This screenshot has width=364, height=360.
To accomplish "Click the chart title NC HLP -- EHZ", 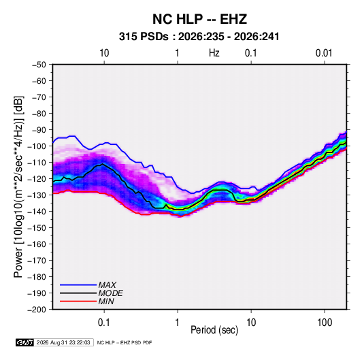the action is click(199, 19).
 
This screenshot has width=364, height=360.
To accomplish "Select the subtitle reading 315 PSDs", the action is click(144, 37).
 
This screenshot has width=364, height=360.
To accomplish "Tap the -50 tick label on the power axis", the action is click(39, 65).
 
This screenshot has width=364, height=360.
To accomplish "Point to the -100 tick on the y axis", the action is click(37, 146).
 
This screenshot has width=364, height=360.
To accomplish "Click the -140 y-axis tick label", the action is click(37, 212).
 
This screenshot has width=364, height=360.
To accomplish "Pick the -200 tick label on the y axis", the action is click(37, 310).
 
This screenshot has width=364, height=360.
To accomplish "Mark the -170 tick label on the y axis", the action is click(37, 261).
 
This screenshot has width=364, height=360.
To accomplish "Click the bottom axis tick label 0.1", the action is click(104, 323).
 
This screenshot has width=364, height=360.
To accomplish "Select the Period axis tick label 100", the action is click(325, 323).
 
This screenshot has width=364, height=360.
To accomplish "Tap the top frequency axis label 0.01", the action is click(324, 53).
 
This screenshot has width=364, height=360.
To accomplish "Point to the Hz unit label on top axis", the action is click(214, 53).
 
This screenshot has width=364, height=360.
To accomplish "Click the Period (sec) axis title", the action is click(214, 330).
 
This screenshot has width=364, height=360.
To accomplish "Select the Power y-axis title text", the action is click(18, 186).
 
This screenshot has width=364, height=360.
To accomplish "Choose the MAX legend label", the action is click(107, 285).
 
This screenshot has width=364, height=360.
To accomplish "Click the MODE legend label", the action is click(110, 293).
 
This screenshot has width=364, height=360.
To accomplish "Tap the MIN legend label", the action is click(106, 301).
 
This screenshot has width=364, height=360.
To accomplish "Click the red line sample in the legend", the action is click(78, 301).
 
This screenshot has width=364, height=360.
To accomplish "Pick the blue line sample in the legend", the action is click(78, 285).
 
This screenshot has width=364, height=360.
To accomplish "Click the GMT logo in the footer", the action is click(24, 342).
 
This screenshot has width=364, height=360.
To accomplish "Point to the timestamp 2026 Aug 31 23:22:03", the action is click(63, 342).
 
